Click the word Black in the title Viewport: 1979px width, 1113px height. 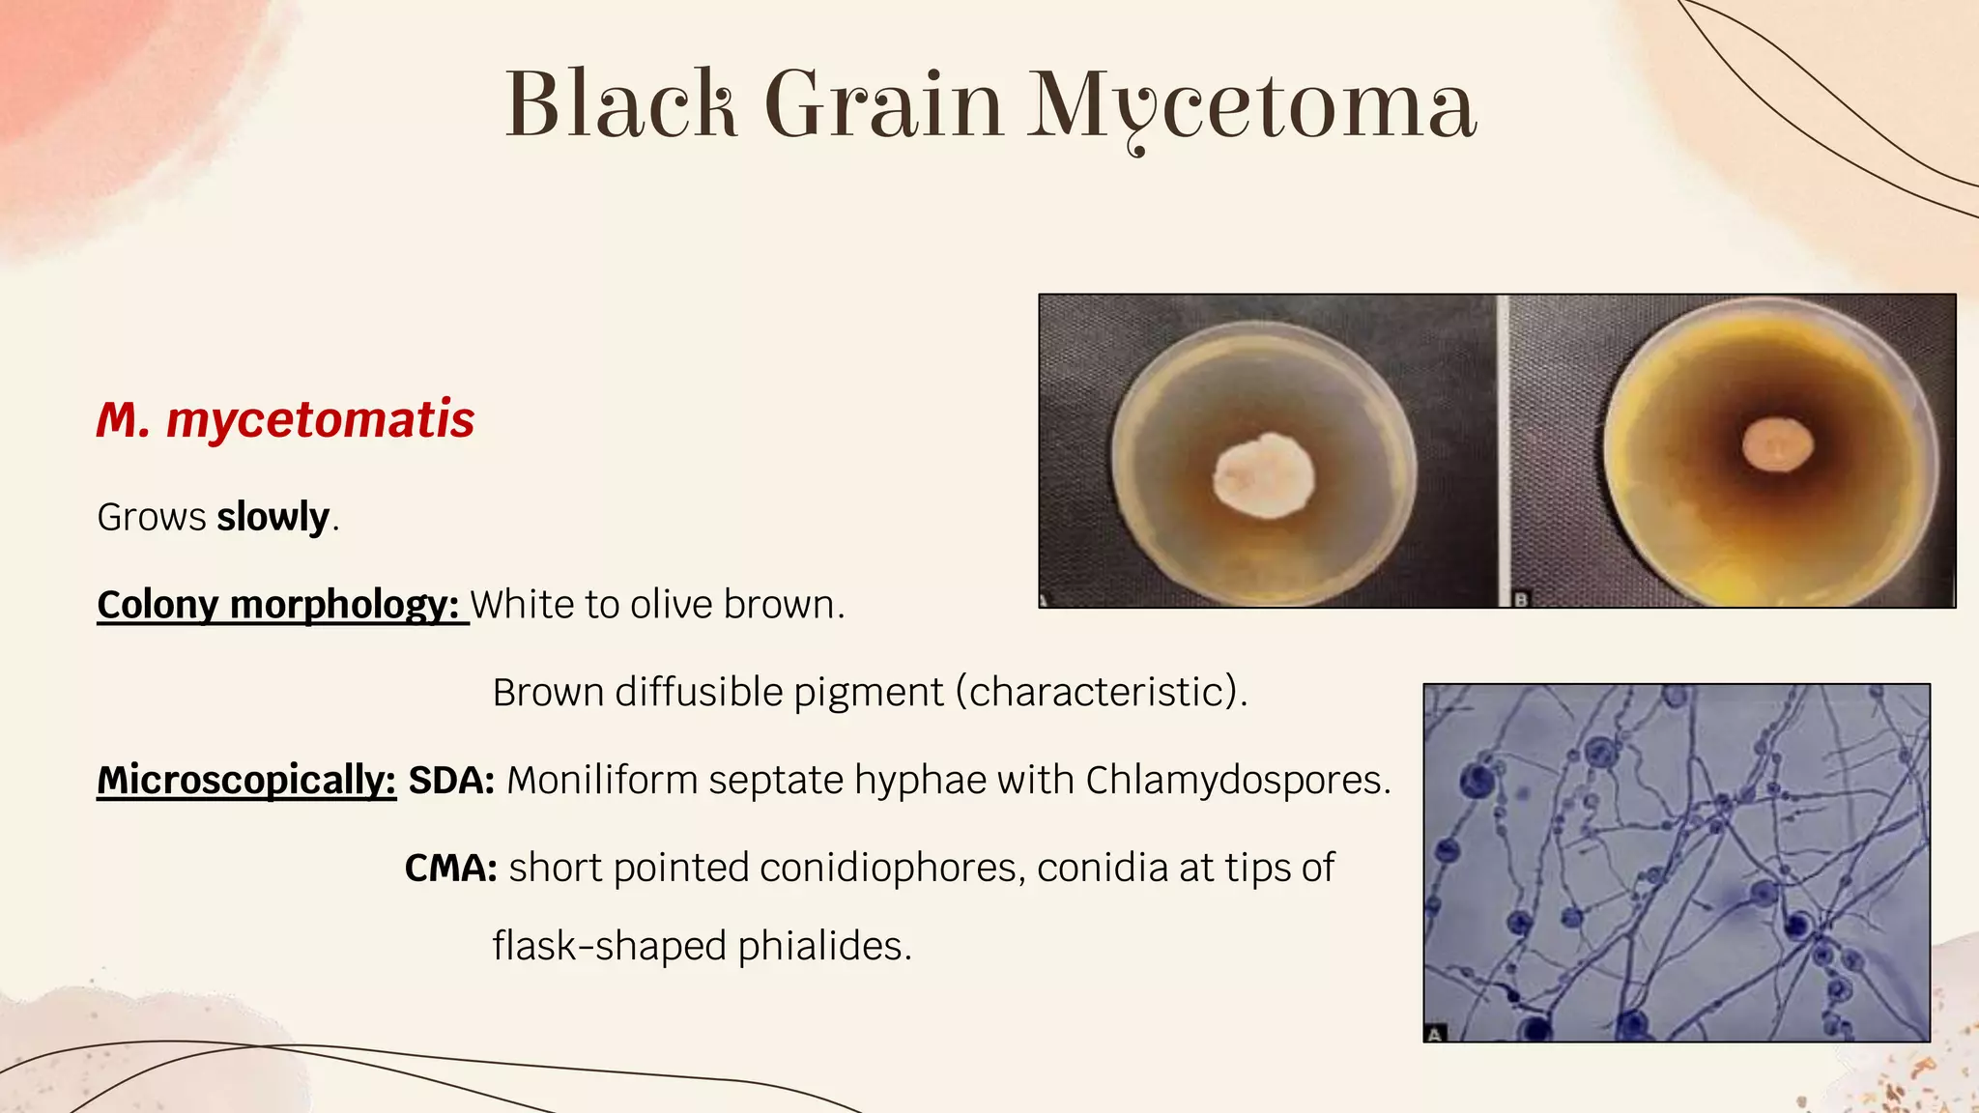click(x=621, y=104)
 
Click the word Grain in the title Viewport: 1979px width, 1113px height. click(x=883, y=104)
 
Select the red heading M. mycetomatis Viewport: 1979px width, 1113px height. click(x=286, y=419)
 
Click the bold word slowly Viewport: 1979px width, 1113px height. click(x=273, y=517)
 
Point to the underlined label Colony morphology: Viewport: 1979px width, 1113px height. click(x=278, y=605)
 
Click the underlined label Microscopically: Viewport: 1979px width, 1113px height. click(x=246, y=780)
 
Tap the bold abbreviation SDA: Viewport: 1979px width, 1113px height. click(x=451, y=780)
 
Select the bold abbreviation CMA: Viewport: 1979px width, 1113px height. click(x=450, y=868)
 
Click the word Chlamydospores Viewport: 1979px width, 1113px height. click(x=1238, y=780)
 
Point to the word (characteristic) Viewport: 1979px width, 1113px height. click(x=1102, y=692)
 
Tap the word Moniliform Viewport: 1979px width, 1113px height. click(x=602, y=780)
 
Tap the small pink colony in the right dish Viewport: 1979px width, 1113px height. click(x=1777, y=445)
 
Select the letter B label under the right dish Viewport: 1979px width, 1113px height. click(x=1521, y=600)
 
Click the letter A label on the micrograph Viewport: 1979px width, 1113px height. click(x=1435, y=1034)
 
